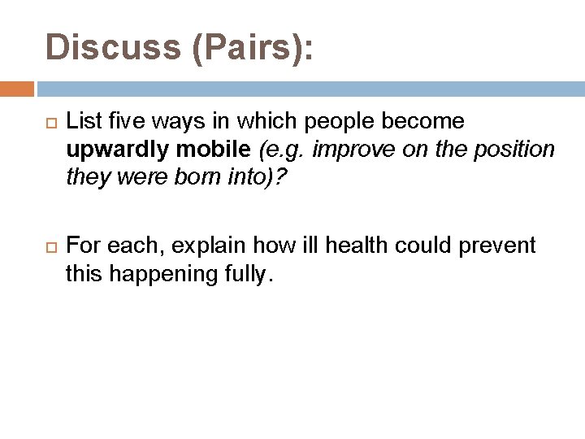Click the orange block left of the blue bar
click(17, 89)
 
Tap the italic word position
click(517, 150)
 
